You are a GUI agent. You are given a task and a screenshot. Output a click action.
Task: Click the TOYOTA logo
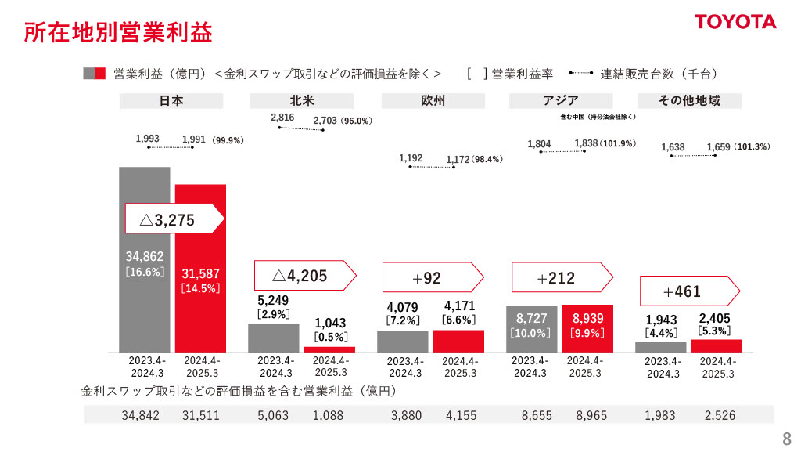(x=735, y=22)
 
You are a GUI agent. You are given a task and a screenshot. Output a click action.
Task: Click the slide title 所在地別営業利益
(x=117, y=33)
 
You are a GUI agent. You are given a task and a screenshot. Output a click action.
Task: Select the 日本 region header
(x=171, y=101)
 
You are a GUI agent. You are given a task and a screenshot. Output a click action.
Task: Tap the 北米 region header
(x=301, y=101)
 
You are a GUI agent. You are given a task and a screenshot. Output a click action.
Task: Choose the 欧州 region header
(x=433, y=101)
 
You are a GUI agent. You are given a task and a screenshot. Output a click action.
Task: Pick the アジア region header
(x=560, y=101)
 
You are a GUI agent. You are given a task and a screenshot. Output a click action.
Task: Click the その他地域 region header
(x=689, y=101)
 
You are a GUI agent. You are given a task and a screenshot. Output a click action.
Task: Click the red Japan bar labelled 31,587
(x=200, y=266)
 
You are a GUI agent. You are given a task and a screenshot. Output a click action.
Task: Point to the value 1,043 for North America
(x=330, y=323)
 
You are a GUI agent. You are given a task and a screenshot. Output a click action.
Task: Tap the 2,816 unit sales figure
(x=282, y=118)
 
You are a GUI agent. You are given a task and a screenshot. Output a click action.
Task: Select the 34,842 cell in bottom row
(x=140, y=416)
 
